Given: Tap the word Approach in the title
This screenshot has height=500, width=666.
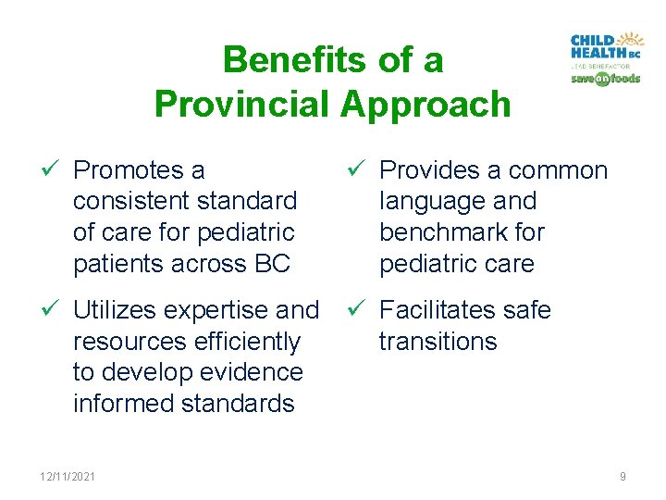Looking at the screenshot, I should (425, 104).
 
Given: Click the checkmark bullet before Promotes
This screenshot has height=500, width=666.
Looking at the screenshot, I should (52, 170).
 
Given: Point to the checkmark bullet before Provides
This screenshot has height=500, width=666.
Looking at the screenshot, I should (359, 170).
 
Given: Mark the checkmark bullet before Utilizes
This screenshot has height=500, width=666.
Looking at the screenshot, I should (52, 309).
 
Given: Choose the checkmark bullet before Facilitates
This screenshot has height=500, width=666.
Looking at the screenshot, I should (359, 309).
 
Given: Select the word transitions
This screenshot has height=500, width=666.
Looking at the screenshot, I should (438, 342).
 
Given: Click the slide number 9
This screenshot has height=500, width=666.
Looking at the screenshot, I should (623, 476).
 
